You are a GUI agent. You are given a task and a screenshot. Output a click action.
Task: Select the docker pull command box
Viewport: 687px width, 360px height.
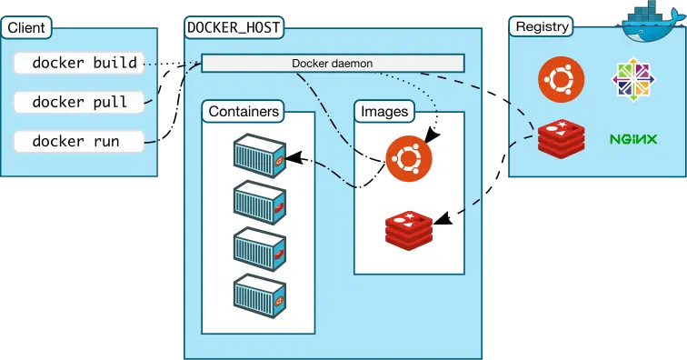[x=79, y=103]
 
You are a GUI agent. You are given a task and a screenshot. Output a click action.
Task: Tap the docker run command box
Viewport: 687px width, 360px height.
[x=79, y=142]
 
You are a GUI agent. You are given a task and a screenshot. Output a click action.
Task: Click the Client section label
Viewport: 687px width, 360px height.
[x=26, y=27]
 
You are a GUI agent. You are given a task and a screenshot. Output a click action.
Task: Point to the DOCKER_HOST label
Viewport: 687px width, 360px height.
[x=234, y=27]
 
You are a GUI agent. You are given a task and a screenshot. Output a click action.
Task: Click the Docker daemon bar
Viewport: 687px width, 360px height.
[x=332, y=64]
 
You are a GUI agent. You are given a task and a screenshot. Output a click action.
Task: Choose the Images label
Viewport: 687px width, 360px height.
[x=384, y=112]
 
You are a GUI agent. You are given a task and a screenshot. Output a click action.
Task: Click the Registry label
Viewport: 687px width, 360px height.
[x=542, y=26]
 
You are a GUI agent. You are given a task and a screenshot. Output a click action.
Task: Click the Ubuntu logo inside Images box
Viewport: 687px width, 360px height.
[x=408, y=157]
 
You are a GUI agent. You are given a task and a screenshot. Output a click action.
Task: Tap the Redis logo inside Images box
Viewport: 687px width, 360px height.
[x=408, y=227]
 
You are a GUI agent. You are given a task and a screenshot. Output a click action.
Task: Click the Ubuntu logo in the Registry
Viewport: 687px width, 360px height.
[x=561, y=78]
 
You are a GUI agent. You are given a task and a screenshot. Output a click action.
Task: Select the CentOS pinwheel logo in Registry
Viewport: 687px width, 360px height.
[x=633, y=79]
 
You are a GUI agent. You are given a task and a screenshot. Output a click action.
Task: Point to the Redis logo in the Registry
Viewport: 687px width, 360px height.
[x=561, y=138]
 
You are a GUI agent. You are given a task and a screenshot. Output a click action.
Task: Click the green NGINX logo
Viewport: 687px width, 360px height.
[x=633, y=139]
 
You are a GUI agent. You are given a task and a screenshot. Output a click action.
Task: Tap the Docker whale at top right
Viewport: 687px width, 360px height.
[x=652, y=22]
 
